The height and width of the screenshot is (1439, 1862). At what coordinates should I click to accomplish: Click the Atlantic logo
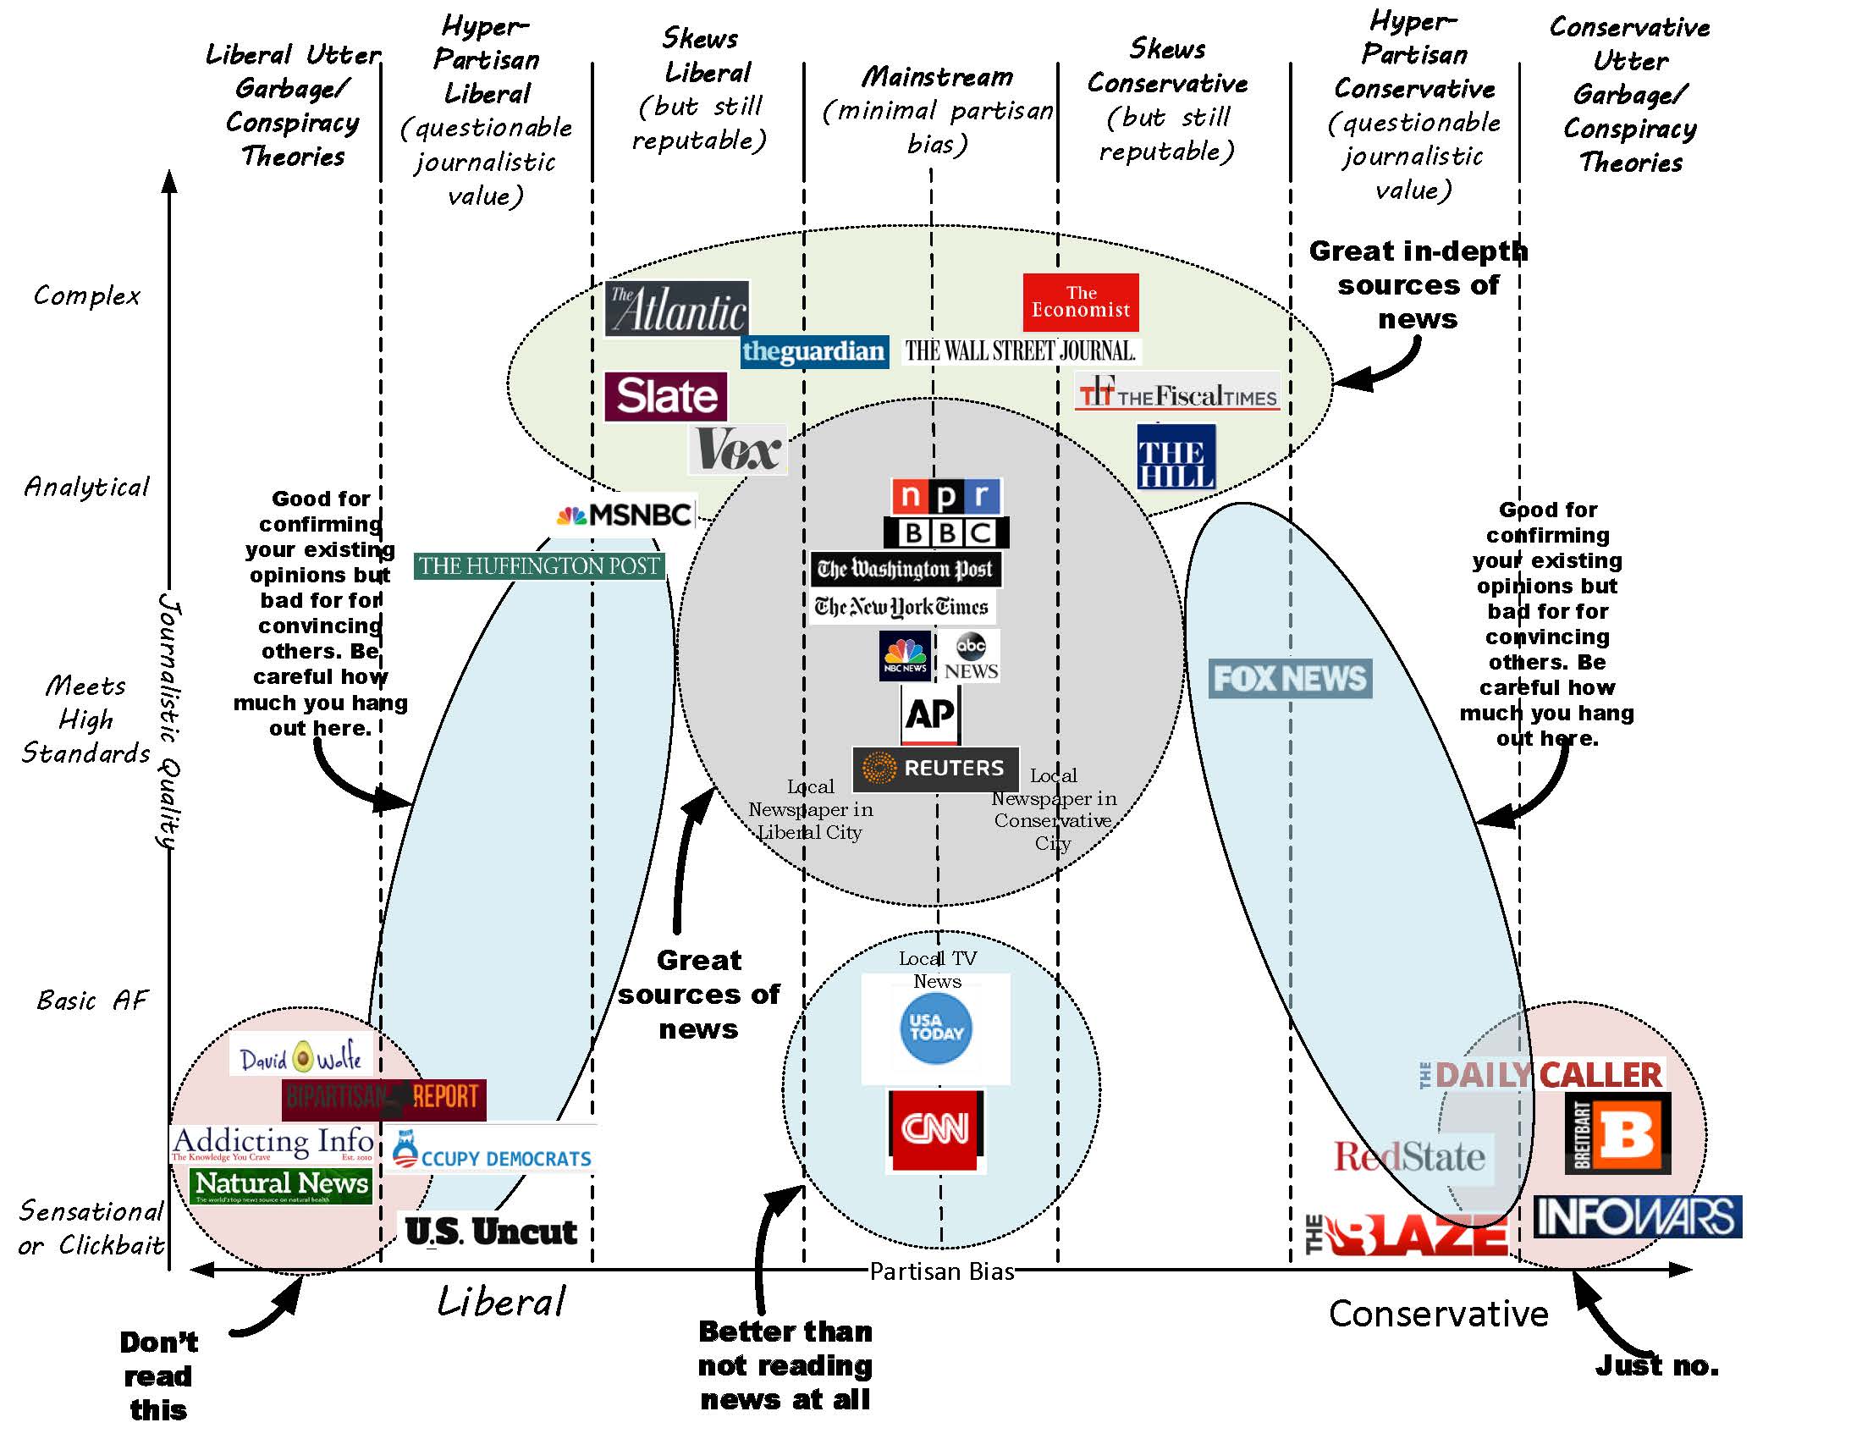[x=676, y=309]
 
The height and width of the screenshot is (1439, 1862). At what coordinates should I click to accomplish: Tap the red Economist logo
[x=1080, y=302]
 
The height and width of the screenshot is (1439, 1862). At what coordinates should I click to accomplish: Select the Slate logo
[x=666, y=396]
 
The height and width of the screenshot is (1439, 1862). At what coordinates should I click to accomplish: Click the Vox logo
[x=737, y=449]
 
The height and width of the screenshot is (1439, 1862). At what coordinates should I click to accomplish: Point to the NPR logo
[x=946, y=495]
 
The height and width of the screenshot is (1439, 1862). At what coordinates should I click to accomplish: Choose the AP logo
[x=930, y=714]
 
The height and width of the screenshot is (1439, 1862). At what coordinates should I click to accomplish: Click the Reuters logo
[x=935, y=767]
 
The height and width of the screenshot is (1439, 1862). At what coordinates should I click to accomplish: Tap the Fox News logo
[x=1289, y=679]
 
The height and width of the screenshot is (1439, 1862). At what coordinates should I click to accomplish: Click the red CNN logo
[x=935, y=1129]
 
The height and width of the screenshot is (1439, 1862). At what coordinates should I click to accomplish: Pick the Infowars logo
[x=1637, y=1216]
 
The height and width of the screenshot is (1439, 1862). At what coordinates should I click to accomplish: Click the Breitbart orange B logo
[x=1617, y=1133]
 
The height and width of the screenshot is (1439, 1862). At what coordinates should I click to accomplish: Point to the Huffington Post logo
[x=539, y=566]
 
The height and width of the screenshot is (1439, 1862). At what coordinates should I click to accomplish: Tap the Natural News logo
[x=281, y=1185]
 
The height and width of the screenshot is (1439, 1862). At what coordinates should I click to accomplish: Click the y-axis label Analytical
[x=87, y=487]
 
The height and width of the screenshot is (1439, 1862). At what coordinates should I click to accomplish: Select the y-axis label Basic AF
[x=92, y=1000]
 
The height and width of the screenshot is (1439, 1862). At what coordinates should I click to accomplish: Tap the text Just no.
[x=1656, y=1365]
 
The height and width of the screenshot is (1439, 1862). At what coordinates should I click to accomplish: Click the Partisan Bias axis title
[x=941, y=1271]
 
